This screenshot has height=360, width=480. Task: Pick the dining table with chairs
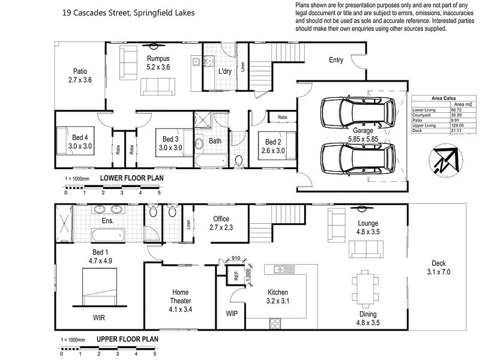(x=364, y=288)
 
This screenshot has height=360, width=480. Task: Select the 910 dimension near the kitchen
(x=235, y=259)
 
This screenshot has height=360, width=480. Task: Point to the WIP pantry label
(x=232, y=313)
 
